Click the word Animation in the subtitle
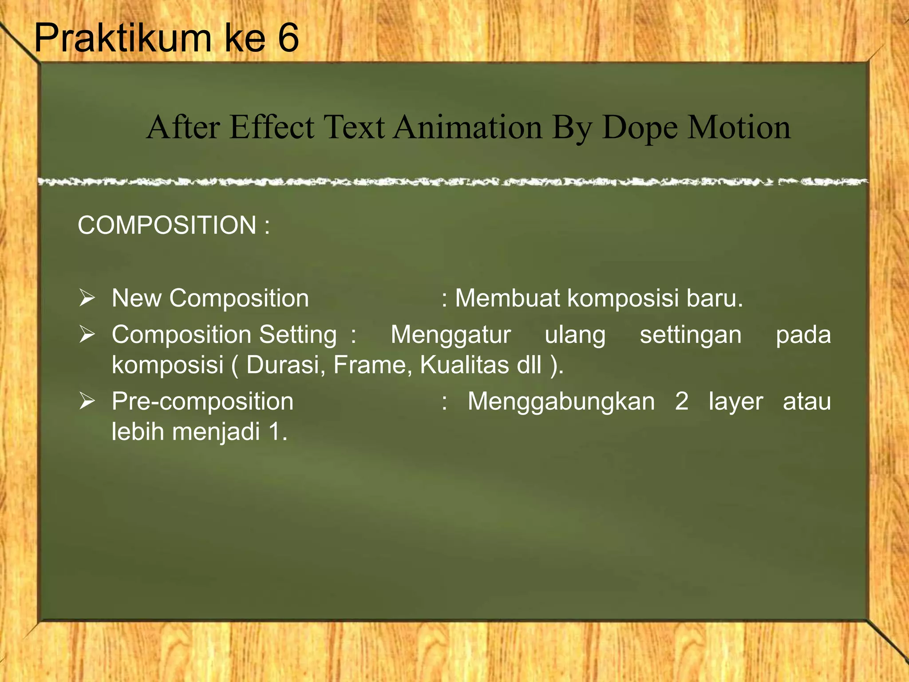468,127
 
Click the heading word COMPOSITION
167,225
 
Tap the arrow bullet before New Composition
87,297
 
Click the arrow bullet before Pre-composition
87,401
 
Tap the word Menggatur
451,335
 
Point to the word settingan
690,335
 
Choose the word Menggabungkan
561,402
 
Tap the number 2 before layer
681,401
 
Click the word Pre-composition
202,402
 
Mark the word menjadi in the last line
216,432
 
